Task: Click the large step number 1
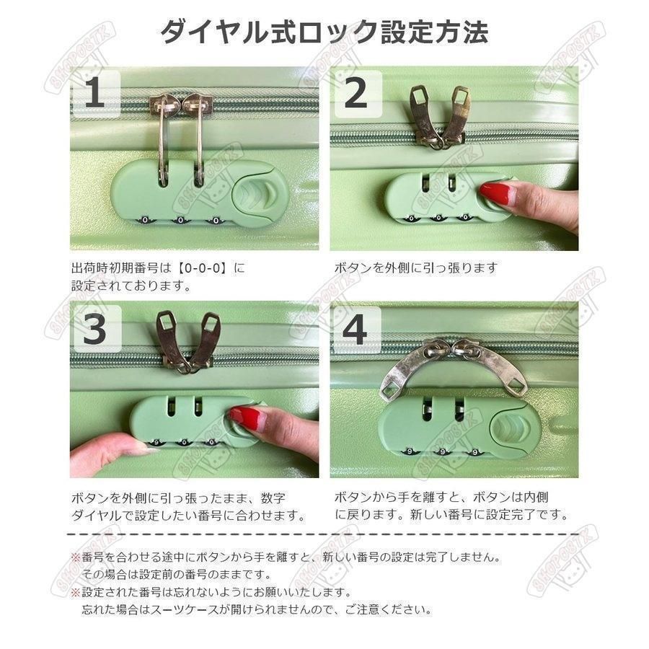click(94, 93)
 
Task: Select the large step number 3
click(95, 329)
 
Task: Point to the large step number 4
click(355, 330)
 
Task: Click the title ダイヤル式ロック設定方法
click(324, 32)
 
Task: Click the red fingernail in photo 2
click(495, 193)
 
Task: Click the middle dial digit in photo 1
click(180, 220)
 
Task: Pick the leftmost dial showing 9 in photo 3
click(156, 443)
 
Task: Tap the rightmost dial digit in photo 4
click(475, 452)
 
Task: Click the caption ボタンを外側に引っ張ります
click(415, 268)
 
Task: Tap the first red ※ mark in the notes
click(75, 557)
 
